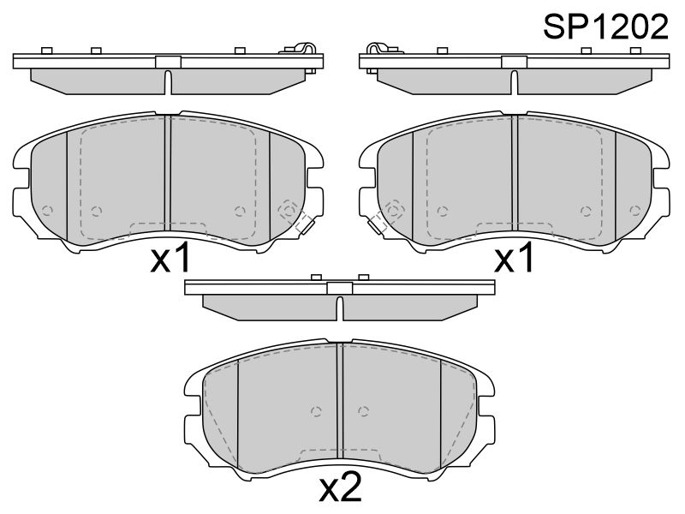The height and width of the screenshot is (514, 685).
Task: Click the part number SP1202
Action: [605, 27]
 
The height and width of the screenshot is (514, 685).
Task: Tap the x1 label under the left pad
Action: [170, 258]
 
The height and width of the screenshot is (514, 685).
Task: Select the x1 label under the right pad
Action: [514, 258]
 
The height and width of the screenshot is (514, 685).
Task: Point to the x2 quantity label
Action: [341, 486]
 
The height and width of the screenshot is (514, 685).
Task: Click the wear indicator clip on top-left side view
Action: [302, 48]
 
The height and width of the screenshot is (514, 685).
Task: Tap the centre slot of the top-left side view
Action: [168, 81]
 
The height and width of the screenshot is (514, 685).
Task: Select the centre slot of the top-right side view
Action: [515, 81]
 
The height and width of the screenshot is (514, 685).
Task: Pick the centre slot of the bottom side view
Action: [340, 308]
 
